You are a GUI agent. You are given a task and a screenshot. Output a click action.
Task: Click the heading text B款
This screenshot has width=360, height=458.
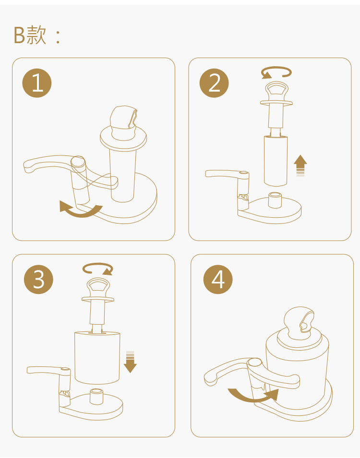click(30, 35)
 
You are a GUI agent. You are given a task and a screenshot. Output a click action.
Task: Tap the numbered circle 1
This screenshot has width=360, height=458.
click(37, 83)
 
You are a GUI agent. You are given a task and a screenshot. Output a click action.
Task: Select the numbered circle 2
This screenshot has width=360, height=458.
click(214, 83)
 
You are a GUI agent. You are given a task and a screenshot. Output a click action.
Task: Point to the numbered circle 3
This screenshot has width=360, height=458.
click(38, 279)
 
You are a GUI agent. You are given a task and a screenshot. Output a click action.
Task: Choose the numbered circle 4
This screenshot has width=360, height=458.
click(218, 279)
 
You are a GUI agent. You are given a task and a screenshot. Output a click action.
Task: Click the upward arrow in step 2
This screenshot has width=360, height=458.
click(300, 165)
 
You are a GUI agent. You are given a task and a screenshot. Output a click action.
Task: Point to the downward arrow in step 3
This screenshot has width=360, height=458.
click(130, 362)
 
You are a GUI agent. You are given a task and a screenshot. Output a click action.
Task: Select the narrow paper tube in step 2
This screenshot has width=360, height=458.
click(276, 161)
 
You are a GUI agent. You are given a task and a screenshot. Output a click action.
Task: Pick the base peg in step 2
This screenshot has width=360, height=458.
click(275, 200)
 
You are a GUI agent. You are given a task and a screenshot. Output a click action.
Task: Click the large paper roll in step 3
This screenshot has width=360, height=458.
click(97, 357)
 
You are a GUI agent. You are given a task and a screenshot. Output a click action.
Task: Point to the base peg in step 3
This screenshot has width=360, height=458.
click(96, 396)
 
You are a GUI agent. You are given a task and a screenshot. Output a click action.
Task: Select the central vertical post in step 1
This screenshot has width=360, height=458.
click(123, 175)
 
